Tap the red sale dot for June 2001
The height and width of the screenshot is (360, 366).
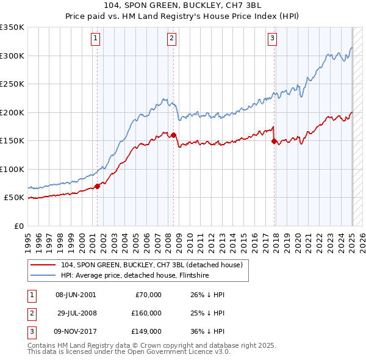(x=97, y=186)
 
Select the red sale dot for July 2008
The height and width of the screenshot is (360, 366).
(x=173, y=135)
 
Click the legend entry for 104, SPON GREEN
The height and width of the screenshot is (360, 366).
(x=152, y=265)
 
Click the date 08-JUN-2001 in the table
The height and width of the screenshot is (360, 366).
(x=75, y=295)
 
